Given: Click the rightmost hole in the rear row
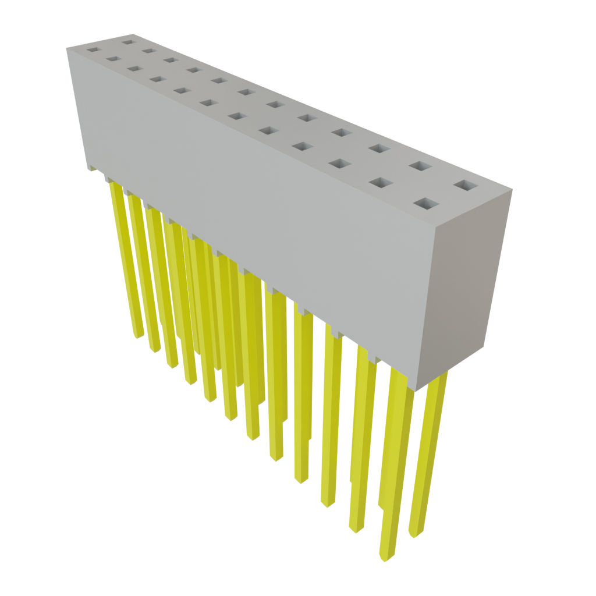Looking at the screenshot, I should [465, 186].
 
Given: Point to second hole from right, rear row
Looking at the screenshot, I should [418, 166].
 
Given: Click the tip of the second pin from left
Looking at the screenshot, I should [154, 350].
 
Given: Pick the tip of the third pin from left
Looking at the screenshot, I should [172, 366].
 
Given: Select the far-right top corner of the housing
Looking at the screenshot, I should [512, 189].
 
